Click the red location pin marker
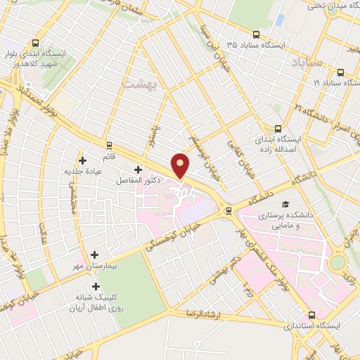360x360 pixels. [181, 165]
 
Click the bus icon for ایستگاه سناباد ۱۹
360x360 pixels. [341, 72]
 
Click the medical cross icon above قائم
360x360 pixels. [83, 160]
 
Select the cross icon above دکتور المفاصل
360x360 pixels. [138, 169]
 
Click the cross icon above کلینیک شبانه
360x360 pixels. [96, 287]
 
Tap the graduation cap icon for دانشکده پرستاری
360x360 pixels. [284, 204]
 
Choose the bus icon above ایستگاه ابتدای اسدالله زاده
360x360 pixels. [278, 129]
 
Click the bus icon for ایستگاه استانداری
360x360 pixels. [312, 315]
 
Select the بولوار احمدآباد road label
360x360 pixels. [31, 96]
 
